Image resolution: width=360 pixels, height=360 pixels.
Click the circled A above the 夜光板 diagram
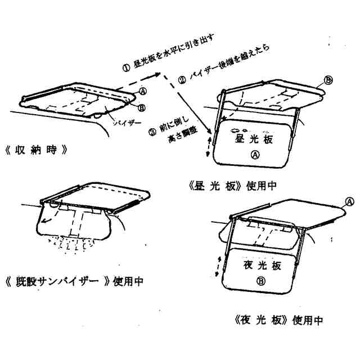[350, 201]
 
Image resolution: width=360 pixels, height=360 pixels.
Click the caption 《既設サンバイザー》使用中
[73, 280]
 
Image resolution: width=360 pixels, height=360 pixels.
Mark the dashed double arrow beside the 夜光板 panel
[217, 264]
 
